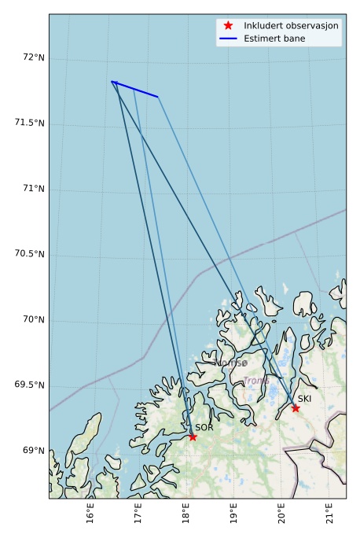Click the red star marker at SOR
[x=193, y=437]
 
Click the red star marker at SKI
[x=296, y=407]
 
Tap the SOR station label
[x=204, y=427]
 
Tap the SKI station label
[x=304, y=399]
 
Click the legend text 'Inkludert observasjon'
[x=291, y=25]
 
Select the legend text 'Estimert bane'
[x=274, y=38]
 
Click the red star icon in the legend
[x=228, y=25]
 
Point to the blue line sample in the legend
[x=228, y=38]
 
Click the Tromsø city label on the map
[x=231, y=363]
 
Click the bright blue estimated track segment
[x=135, y=89]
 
